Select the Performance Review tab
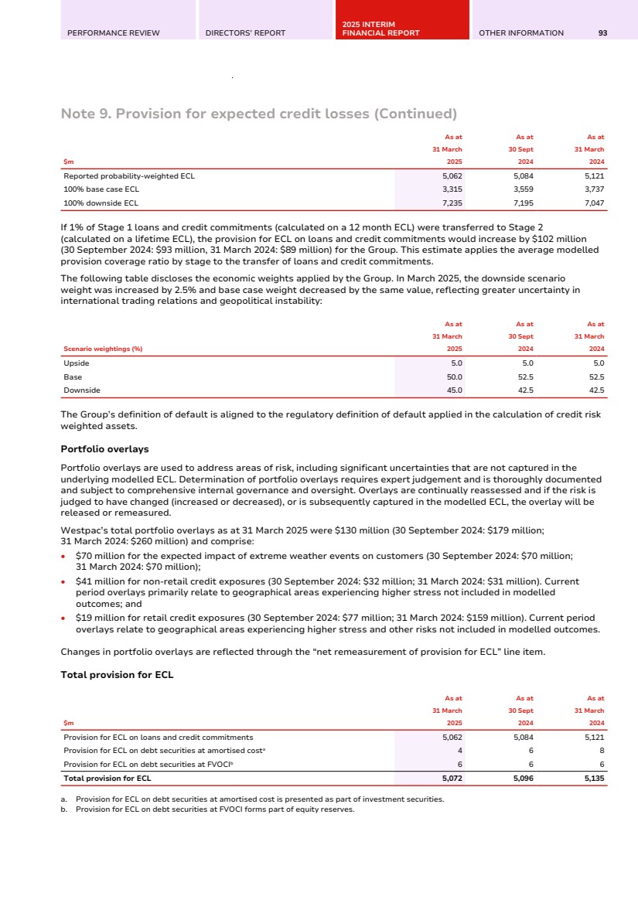point(113,32)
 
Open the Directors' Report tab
point(245,32)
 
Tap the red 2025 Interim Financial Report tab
point(380,29)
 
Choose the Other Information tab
point(521,32)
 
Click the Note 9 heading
point(258,114)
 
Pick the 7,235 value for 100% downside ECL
point(451,203)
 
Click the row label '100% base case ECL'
point(101,189)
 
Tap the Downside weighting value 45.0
point(455,390)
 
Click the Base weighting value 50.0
point(455,377)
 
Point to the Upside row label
point(77,363)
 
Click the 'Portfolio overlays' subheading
point(104,449)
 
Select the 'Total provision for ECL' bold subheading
point(117,675)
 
